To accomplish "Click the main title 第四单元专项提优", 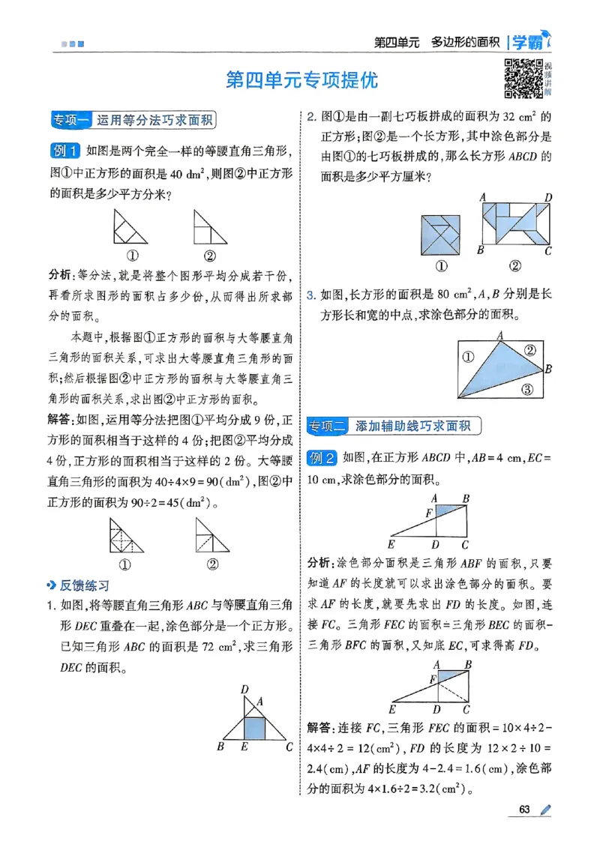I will coord(302,80).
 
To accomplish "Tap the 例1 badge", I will coord(64,151).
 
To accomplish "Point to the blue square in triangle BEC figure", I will coord(257,727).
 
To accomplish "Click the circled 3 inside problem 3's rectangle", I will coord(526,388).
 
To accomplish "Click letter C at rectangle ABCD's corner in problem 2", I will coord(548,251).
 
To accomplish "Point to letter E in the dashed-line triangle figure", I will coord(392,709).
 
